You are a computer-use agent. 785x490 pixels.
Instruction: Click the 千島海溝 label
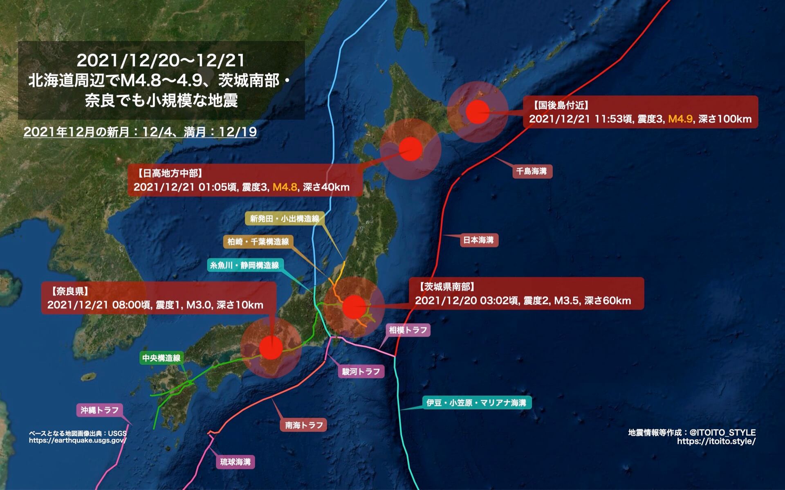532,171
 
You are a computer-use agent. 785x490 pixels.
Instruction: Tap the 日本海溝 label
478,240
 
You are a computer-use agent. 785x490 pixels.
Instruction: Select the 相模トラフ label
408,330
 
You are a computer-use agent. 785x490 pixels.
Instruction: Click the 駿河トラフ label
361,371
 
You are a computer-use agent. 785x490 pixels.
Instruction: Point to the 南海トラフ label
304,425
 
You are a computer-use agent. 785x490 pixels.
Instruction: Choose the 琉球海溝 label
235,462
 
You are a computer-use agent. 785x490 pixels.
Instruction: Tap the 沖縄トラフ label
99,410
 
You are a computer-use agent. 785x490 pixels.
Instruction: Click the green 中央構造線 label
161,358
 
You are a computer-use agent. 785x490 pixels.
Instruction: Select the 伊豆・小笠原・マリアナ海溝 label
476,402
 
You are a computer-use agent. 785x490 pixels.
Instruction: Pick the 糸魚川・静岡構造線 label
244,265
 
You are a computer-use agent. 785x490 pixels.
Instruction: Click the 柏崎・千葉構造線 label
258,242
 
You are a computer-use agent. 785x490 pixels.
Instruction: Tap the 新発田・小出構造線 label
285,218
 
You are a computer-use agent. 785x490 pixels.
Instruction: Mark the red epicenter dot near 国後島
478,112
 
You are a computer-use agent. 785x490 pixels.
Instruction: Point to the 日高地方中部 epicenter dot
410,149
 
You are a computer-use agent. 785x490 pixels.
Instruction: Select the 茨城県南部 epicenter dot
354,307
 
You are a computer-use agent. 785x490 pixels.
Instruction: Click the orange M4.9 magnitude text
680,119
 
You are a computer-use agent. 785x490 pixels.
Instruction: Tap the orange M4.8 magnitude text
285,187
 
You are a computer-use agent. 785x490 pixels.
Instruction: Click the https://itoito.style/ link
716,441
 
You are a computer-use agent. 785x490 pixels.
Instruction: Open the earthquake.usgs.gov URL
78,441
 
